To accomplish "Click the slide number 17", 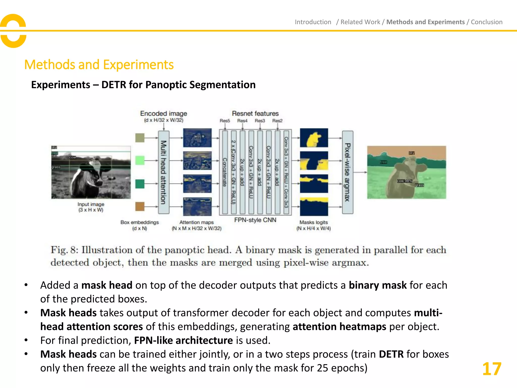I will [x=492, y=369].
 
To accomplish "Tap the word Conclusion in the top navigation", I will [x=486, y=22].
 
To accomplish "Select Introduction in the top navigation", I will [x=313, y=22].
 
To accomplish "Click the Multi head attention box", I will [x=164, y=172].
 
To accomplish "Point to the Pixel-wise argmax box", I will [x=348, y=172].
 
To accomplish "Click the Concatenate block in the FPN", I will [x=225, y=172].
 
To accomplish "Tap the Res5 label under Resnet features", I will [x=225, y=121].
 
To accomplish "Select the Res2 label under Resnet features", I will [x=277, y=121].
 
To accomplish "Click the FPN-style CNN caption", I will [x=255, y=220].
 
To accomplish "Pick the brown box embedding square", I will [x=140, y=206].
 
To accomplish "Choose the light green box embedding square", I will [x=140, y=160].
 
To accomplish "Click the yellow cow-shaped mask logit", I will [x=314, y=138].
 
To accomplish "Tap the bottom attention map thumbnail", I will [x=197, y=207].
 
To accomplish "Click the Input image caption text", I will [x=91, y=207].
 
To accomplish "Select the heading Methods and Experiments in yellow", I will [x=99, y=65].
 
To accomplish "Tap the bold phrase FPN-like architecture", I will [x=183, y=341].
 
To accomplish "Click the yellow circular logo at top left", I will [x=13, y=31].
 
